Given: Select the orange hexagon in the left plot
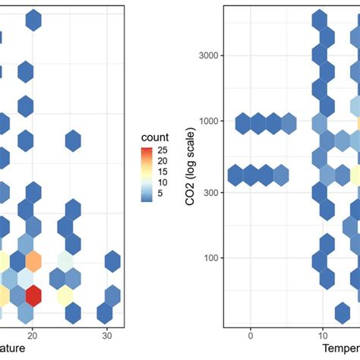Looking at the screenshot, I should coord(33,261).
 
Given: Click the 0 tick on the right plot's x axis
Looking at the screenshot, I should coord(250,335).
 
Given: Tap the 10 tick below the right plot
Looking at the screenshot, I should coord(322,335).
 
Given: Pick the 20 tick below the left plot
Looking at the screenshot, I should coord(33,335).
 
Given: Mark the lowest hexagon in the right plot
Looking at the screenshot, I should coord(343,312).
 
